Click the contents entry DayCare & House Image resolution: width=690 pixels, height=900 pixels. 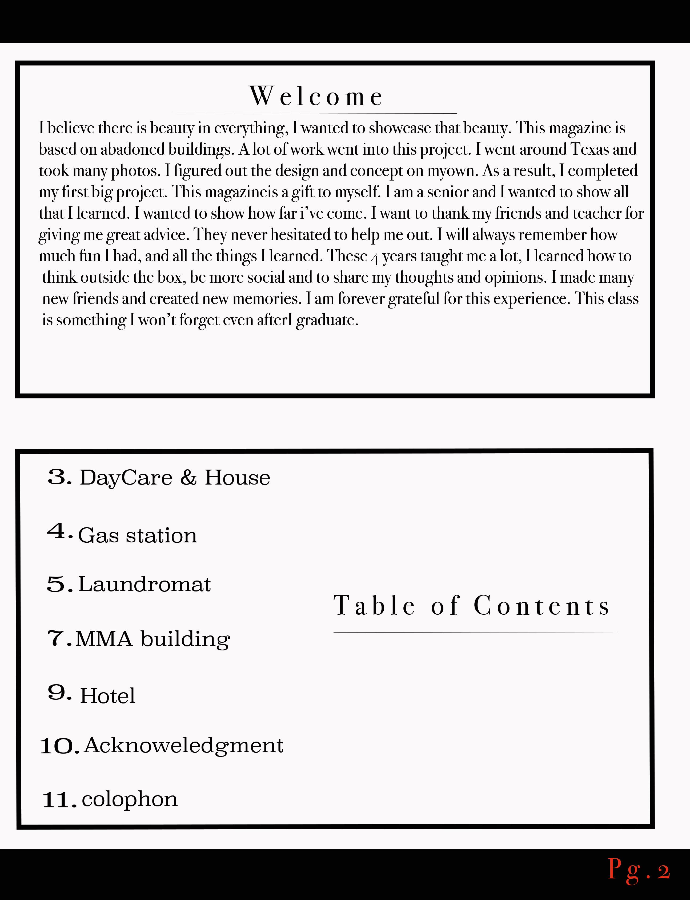tap(175, 477)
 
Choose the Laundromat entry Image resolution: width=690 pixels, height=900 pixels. tap(144, 584)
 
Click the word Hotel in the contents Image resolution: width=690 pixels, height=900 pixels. tap(108, 696)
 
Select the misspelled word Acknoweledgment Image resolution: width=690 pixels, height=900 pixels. tap(184, 746)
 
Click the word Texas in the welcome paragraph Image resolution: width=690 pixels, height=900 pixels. tap(590, 149)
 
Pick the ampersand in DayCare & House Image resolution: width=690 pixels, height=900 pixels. tap(188, 477)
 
